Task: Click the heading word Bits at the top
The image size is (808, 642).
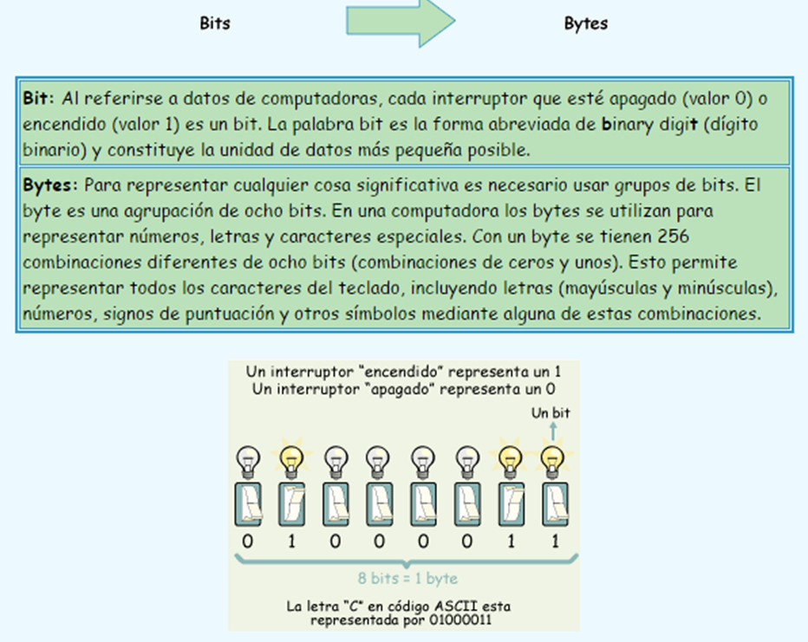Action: tap(215, 23)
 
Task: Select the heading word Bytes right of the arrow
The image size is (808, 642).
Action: tap(586, 23)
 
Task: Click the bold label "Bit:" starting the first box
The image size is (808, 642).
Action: tap(40, 99)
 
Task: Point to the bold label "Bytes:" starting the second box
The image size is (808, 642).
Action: tap(50, 186)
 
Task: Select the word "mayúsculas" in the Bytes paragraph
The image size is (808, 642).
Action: tap(642, 287)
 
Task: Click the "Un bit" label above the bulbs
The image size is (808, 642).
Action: tap(551, 413)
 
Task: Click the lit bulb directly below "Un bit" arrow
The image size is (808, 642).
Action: tap(551, 459)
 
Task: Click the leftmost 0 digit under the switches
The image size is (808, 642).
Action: tap(248, 541)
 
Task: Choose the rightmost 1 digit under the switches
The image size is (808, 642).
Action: tap(551, 541)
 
